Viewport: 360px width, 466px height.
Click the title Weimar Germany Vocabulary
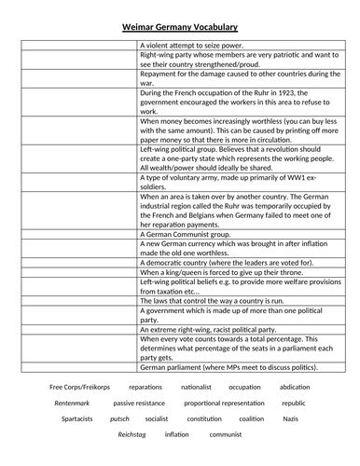click(x=179, y=29)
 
